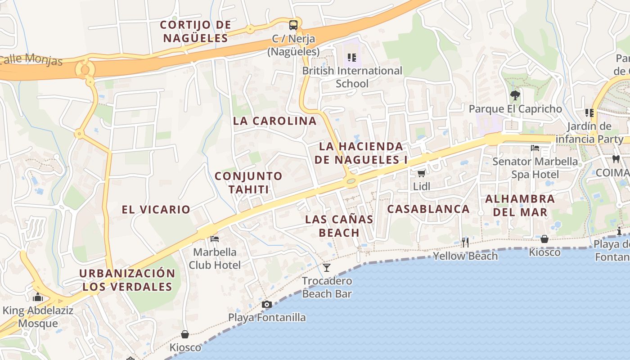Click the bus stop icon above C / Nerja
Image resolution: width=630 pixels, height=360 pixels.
pos(293,25)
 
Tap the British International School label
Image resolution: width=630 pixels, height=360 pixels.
pos(352,77)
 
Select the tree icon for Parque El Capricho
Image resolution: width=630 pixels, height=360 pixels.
pos(515,95)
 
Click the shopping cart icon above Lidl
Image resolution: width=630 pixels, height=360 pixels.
pos(422,173)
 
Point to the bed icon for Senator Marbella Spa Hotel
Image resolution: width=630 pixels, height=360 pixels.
pos(535,148)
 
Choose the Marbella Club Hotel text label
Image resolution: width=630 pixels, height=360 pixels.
pos(215,258)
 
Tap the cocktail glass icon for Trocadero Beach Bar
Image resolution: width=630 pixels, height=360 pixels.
pos(327,268)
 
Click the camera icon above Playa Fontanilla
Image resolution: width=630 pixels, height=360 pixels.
pos(267,305)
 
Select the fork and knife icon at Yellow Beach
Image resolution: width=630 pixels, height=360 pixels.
pos(465,243)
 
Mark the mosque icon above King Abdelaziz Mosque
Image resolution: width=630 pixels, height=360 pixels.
pos(38,297)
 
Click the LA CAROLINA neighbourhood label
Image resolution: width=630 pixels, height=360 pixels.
pos(274,121)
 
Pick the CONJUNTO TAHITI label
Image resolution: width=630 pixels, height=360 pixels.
pos(248,182)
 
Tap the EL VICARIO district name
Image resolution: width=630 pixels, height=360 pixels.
pos(156,209)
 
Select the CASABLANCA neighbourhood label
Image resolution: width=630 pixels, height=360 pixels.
pos(428,209)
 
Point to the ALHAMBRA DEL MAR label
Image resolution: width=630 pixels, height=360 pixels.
pos(520,205)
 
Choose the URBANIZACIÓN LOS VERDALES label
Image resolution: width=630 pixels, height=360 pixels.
pos(127,280)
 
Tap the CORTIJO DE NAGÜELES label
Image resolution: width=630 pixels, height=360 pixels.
pos(196,31)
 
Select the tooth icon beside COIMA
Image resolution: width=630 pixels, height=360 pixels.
pos(616,159)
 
